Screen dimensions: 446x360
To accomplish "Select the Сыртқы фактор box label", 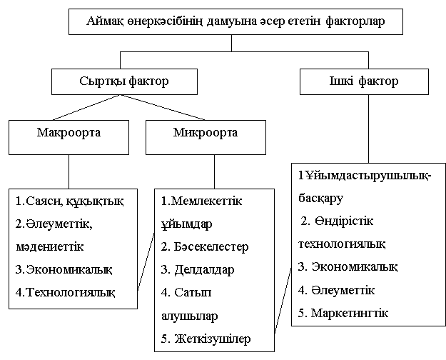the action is [x=124, y=81].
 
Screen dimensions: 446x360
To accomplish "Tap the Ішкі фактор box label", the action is [x=364, y=81].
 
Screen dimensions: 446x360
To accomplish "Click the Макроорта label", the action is [x=69, y=133].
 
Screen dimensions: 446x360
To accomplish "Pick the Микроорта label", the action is [x=206, y=133].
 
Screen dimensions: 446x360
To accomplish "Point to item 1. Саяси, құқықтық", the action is [x=70, y=201].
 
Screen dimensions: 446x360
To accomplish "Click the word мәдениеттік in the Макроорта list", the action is [x=50, y=246].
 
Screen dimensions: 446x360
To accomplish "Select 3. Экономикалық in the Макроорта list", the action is [x=64, y=269].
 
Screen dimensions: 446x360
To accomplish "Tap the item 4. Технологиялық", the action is [x=66, y=292].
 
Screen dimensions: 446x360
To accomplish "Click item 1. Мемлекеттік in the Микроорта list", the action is [x=202, y=201].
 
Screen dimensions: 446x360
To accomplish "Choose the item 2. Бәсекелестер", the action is [x=205, y=247].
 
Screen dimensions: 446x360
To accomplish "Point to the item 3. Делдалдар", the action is [x=198, y=270].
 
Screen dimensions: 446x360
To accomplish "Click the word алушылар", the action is [x=190, y=316].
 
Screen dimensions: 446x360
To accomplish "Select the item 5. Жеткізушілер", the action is [x=206, y=339].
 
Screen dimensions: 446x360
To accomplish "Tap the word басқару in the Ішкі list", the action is [x=321, y=198].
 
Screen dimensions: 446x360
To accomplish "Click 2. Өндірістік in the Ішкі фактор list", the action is [x=337, y=221].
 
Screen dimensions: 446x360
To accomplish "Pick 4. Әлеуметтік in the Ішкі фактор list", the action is [x=337, y=290].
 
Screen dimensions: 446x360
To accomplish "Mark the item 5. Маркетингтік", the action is [x=343, y=313].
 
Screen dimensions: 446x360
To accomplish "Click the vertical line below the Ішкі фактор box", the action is [x=369, y=129].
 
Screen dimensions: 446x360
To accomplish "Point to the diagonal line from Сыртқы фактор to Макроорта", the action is [x=86, y=107].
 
